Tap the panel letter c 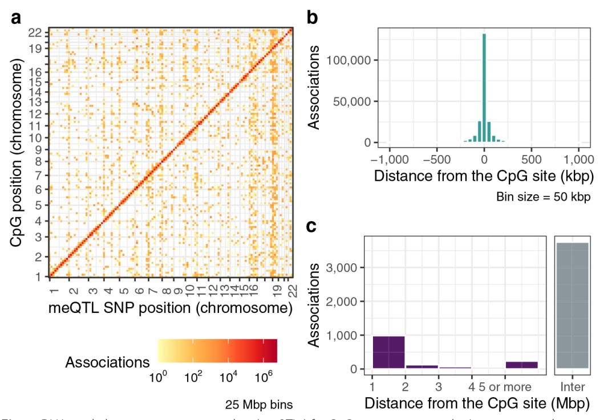pos(313,226)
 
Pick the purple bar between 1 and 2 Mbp pos(388,352)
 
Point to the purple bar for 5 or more pos(521,365)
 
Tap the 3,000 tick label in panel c pos(348,267)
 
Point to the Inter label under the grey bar pos(573,387)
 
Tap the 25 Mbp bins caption pos(259,405)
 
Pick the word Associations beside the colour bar pos(107,362)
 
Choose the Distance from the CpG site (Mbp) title pos(477,403)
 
